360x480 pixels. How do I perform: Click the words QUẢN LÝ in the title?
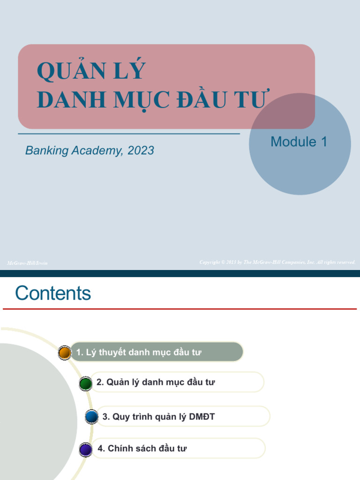pyautogui.click(x=91, y=71)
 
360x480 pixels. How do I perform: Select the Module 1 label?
pyautogui.click(x=299, y=142)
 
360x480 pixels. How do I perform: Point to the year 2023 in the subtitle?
pyautogui.click(x=141, y=150)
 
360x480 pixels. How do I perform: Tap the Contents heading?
pyautogui.click(x=53, y=293)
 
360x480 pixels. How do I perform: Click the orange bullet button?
pyautogui.click(x=65, y=352)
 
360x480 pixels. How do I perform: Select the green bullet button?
pyautogui.click(x=86, y=383)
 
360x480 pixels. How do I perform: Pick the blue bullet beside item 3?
pyautogui.click(x=92, y=416)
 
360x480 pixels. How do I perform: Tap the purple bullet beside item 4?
pyautogui.click(x=86, y=449)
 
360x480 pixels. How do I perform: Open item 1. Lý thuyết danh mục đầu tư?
pyautogui.click(x=139, y=352)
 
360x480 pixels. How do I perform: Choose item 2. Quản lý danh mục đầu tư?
pyautogui.click(x=156, y=382)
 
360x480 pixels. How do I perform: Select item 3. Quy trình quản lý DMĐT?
pyautogui.click(x=158, y=416)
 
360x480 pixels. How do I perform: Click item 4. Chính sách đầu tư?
pyautogui.click(x=142, y=449)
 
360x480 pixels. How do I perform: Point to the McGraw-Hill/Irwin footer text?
pyautogui.click(x=27, y=263)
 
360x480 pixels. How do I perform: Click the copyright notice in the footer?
pyautogui.click(x=277, y=262)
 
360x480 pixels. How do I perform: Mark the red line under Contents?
pyautogui.click(x=180, y=309)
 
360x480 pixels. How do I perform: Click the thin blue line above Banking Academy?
pyautogui.click(x=129, y=134)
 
